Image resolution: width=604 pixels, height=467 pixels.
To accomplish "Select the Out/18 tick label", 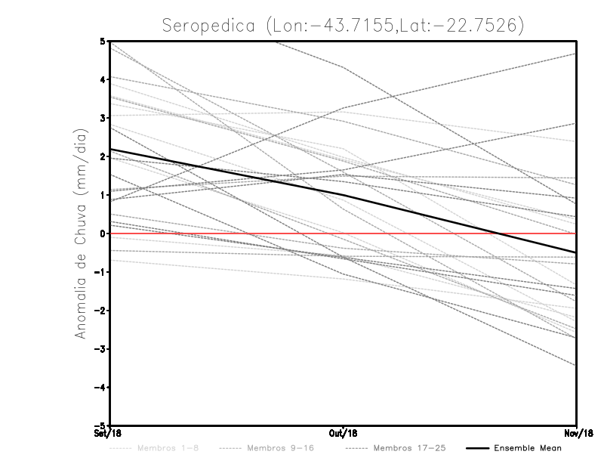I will tap(344, 433).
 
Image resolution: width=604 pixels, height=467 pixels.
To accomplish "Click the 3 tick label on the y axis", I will tap(102, 118).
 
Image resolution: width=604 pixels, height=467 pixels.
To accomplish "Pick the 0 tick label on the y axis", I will tap(102, 233).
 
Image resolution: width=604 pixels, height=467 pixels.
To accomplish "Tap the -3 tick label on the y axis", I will tap(100, 349).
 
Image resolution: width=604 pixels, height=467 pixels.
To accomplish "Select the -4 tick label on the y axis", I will tap(100, 388).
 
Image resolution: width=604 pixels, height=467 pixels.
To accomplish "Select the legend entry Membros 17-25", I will tap(410, 448).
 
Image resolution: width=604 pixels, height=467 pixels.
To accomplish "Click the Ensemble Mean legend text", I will tap(528, 448).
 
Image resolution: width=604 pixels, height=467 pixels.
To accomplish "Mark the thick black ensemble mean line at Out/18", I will tap(344, 195).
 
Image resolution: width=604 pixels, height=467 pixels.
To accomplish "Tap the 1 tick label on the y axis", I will tap(102, 195).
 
